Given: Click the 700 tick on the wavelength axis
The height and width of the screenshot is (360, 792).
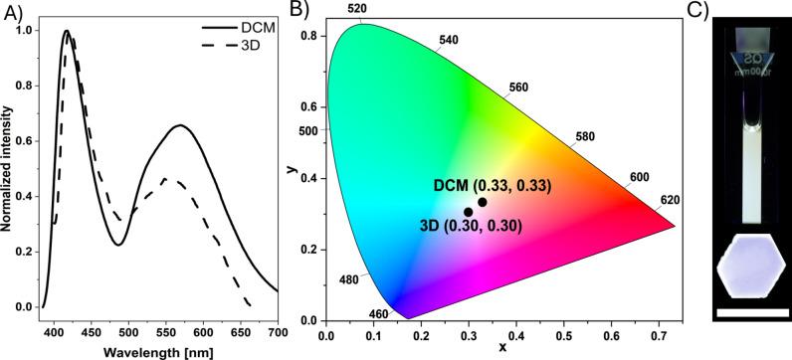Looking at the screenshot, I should tap(278, 330).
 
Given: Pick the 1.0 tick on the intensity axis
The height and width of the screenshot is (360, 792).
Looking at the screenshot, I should tap(24, 31).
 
